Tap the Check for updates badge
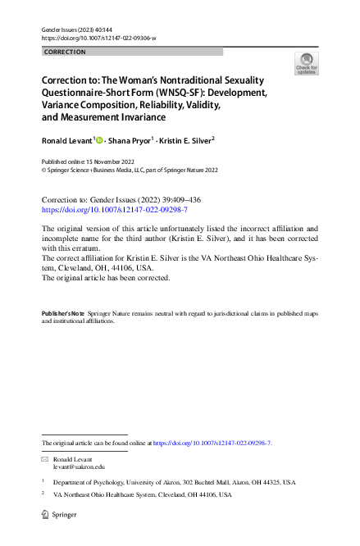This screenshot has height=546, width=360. (x=307, y=64)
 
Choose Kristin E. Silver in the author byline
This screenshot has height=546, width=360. (x=186, y=140)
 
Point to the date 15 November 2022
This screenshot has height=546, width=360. (x=104, y=162)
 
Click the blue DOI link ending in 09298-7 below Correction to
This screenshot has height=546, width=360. (x=109, y=210)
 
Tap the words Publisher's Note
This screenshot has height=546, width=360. (x=63, y=314)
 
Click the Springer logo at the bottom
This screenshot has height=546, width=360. (x=58, y=515)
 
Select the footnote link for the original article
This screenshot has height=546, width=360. (x=212, y=443)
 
